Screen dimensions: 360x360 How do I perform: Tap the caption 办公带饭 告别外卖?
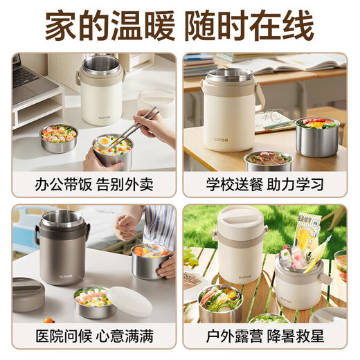pos(93,185)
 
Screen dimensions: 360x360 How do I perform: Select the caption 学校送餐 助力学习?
pos(266,185)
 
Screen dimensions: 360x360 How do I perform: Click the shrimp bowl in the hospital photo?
pos(96,303)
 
